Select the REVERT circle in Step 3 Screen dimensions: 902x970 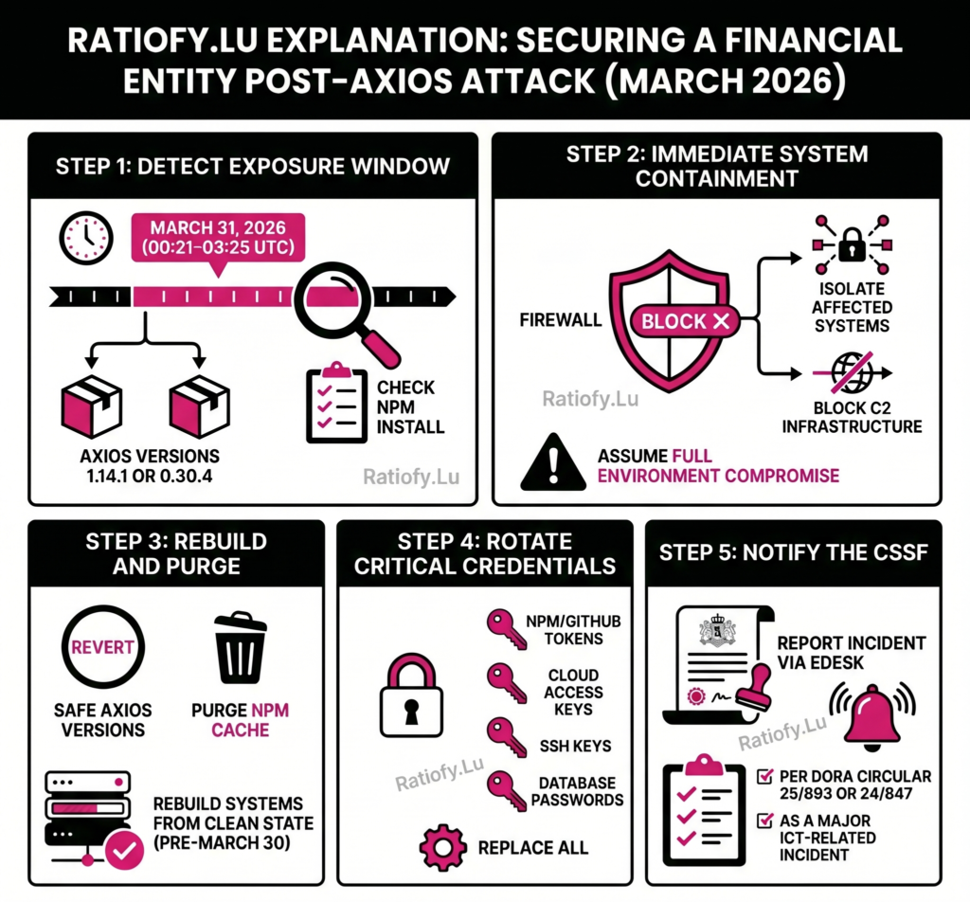(x=103, y=649)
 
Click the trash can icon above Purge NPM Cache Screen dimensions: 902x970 (x=241, y=648)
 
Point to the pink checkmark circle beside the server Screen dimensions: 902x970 (x=124, y=850)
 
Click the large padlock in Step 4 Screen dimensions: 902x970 (x=410, y=701)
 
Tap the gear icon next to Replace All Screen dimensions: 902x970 (x=442, y=846)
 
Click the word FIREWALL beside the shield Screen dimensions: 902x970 (x=561, y=320)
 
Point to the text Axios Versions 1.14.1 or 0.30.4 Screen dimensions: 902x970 (x=149, y=465)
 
